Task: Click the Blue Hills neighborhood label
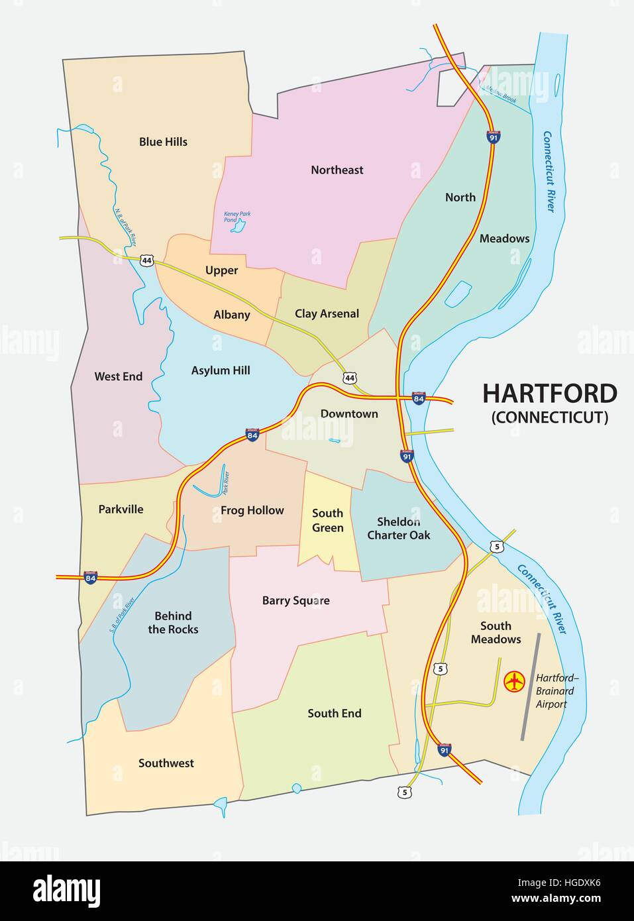(163, 142)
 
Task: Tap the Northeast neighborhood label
(337, 170)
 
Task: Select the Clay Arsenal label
(327, 314)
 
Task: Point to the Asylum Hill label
(221, 371)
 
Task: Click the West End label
(118, 376)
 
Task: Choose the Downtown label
(349, 414)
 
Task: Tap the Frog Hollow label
(252, 511)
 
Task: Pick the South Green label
(327, 521)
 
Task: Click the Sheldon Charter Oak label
(399, 529)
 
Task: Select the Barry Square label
(295, 601)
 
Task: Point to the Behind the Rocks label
(173, 623)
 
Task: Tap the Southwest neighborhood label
(166, 763)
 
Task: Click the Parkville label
(121, 510)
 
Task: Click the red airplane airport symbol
(514, 681)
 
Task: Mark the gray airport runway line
(531, 686)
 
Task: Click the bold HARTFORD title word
(549, 394)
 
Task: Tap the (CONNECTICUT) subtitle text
(549, 417)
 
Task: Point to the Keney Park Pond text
(237, 217)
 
